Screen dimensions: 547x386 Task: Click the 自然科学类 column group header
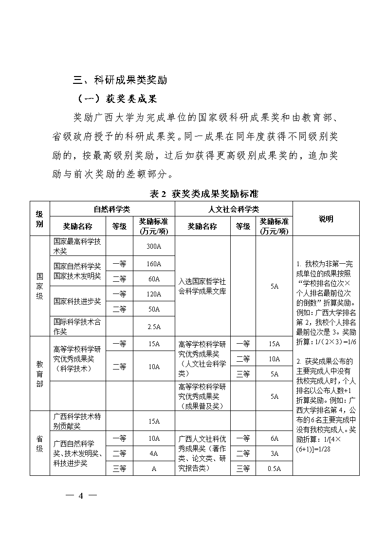pyautogui.click(x=112, y=209)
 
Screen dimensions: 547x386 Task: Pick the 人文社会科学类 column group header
pyautogui.click(x=234, y=209)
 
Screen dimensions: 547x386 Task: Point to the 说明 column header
pyautogui.click(x=326, y=219)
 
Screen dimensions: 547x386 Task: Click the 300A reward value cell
pyautogui.click(x=154, y=246)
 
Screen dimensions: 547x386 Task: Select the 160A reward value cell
pyautogui.click(x=154, y=264)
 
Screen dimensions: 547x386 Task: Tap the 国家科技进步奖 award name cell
pyautogui.click(x=77, y=301)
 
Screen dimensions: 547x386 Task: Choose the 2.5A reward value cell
pyautogui.click(x=154, y=327)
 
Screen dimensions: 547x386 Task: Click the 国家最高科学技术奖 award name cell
pyautogui.click(x=77, y=246)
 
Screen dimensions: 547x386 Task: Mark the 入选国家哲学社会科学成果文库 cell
pyautogui.click(x=202, y=287)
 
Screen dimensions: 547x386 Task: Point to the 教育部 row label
pyautogui.click(x=39, y=373)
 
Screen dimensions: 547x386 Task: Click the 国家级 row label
pyautogui.click(x=39, y=286)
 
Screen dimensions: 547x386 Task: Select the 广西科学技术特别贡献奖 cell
pyautogui.click(x=77, y=421)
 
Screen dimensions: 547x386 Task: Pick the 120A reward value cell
pyautogui.click(x=154, y=294)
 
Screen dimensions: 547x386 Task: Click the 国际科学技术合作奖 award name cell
pyautogui.click(x=77, y=327)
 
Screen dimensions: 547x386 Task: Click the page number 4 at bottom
pyautogui.click(x=81, y=496)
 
